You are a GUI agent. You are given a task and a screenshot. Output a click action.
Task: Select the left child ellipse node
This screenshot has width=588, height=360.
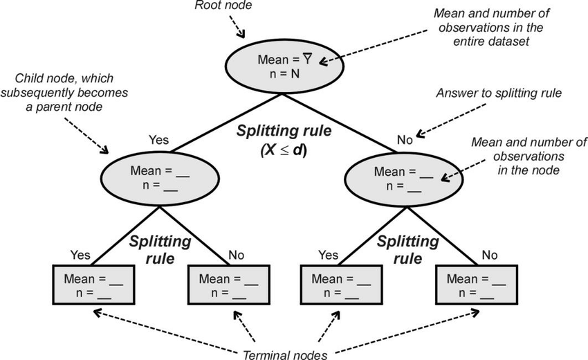click(160, 177)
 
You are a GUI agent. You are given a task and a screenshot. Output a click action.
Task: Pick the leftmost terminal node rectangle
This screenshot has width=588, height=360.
click(93, 285)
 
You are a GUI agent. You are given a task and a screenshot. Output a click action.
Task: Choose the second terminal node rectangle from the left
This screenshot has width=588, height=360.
click(228, 285)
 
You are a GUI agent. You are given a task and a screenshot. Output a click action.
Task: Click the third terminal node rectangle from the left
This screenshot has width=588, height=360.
click(340, 285)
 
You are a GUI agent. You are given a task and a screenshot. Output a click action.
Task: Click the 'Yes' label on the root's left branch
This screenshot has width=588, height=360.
click(158, 140)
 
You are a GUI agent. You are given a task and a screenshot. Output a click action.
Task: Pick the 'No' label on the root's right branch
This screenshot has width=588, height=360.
click(405, 140)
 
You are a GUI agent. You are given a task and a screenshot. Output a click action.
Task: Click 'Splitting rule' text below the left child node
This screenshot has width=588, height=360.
click(160, 250)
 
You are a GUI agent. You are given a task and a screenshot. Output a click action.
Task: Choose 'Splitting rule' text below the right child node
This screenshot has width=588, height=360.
click(407, 250)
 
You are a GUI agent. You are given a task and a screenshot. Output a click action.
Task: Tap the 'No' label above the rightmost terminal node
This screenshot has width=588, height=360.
click(490, 255)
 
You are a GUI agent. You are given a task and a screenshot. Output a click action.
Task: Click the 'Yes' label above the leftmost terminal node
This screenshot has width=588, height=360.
click(80, 255)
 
